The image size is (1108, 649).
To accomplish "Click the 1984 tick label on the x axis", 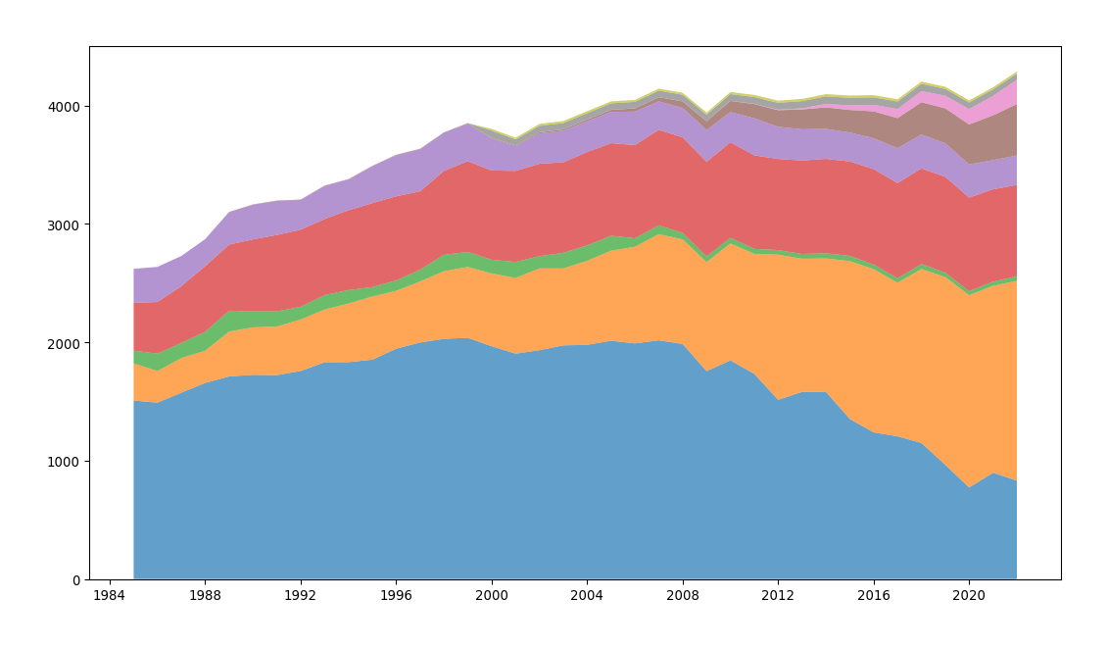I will tap(109, 595).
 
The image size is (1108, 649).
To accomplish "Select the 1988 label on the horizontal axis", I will tap(205, 595).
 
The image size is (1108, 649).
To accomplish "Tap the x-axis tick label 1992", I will tap(300, 595).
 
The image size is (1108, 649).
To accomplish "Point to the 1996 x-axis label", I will tap(396, 595).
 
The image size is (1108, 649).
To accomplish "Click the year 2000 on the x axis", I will tap(491, 595).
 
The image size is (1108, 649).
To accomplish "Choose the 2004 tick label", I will tap(587, 595).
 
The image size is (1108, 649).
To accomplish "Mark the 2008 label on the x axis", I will tap(683, 595).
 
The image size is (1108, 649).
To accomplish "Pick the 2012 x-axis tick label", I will tap(778, 595).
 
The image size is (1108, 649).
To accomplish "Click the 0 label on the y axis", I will tap(76, 580).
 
